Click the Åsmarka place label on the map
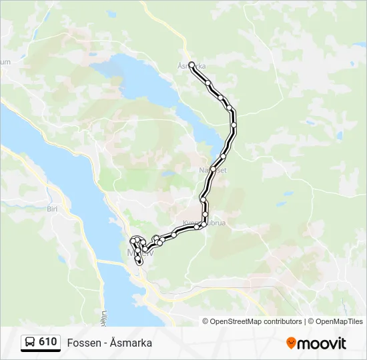click(x=192, y=67)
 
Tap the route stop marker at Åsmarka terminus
click(x=192, y=65)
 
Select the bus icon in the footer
click(x=30, y=343)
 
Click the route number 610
click(x=48, y=342)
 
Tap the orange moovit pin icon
click(x=292, y=343)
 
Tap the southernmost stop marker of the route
click(x=139, y=262)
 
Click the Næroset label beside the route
click(x=213, y=170)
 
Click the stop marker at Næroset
click(x=214, y=167)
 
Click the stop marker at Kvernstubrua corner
click(x=205, y=223)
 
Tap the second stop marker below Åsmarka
click(x=220, y=97)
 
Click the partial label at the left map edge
click(x=6, y=62)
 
